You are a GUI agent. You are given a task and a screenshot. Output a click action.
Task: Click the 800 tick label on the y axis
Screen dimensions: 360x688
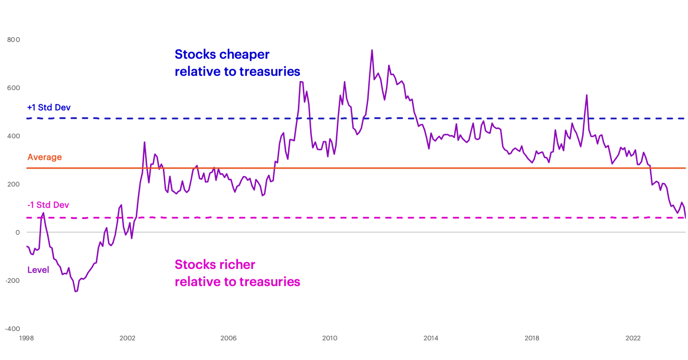(x=13, y=40)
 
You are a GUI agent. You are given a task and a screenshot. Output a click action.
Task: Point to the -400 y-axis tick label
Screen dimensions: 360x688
(x=12, y=329)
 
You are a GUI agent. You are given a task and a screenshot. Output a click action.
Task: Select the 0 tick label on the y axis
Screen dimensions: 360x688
(x=18, y=233)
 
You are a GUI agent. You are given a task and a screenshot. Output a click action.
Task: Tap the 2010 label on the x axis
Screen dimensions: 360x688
(x=330, y=338)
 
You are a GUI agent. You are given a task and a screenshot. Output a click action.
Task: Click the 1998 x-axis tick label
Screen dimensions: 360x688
(x=26, y=338)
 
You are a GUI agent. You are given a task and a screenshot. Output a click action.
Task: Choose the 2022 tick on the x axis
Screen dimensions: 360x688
(x=633, y=338)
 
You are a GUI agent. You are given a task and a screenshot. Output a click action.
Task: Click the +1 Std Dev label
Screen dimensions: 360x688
(x=49, y=108)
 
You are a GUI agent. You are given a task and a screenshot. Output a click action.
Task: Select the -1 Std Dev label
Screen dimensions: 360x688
(x=48, y=205)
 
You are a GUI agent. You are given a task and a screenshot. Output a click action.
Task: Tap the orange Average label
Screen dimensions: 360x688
(x=45, y=157)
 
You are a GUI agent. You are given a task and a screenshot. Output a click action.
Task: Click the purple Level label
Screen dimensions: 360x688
(x=38, y=270)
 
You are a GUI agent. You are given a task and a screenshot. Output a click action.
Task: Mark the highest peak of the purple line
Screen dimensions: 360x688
(x=372, y=50)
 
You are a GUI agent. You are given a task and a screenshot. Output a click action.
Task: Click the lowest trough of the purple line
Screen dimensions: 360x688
(x=76, y=291)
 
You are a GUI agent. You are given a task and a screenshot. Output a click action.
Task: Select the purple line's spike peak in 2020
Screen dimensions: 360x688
(x=586, y=95)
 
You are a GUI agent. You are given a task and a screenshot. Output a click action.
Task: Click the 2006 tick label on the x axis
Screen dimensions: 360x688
(x=228, y=338)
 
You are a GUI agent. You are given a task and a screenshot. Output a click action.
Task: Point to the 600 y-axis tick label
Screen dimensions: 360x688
(x=13, y=88)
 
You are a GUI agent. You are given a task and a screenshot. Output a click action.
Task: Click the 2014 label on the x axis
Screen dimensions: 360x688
(x=431, y=338)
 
